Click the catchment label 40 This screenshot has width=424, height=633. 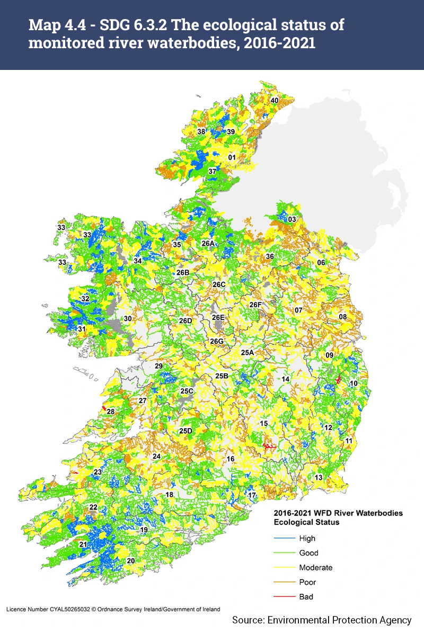pos(275,100)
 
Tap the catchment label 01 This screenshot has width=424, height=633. pos(232,157)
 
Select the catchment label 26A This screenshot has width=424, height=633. pos(208,243)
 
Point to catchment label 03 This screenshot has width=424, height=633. pos(291,219)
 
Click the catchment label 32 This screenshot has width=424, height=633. pos(85,299)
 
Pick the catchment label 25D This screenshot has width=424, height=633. pos(185,431)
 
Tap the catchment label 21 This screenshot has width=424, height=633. pos(83,545)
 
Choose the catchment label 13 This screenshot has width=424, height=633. pos(319,477)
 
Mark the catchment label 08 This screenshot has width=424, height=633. pos(343,317)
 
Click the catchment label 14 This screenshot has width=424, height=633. pos(285,379)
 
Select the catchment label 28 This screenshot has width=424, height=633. pos(111,412)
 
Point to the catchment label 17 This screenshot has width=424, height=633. pos(252,495)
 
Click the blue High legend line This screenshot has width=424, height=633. pos(284,538)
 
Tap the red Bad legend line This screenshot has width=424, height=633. pos(284,596)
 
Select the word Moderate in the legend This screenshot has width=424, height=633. pos(316,567)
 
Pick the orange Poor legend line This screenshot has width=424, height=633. pos(284,582)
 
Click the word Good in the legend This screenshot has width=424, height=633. pos(308,553)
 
